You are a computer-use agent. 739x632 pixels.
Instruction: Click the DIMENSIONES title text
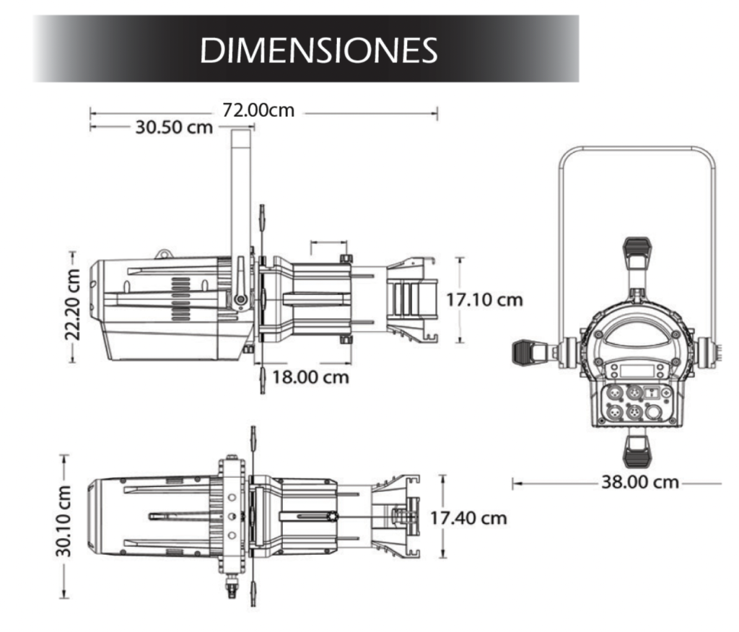[x=319, y=50]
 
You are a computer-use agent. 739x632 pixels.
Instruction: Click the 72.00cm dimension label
[x=258, y=110]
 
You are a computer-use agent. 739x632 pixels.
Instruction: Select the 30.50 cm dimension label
[x=174, y=127]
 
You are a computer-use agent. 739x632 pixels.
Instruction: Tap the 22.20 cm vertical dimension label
[x=72, y=304]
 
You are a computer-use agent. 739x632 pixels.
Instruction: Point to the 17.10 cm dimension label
[x=484, y=299]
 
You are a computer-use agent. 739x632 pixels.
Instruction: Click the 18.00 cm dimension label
[x=310, y=377]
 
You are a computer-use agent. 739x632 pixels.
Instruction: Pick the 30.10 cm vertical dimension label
[x=64, y=521]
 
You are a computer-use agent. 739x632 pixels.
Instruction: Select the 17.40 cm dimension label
[x=468, y=519]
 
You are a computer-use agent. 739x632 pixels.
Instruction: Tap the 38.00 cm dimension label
[x=640, y=482]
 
